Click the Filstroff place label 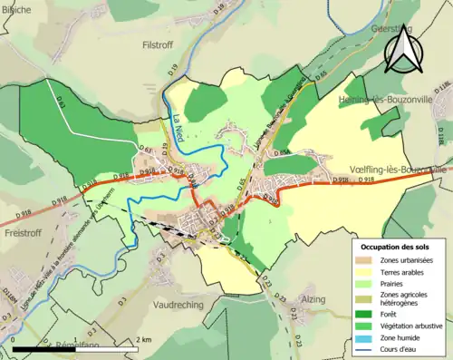(164, 42)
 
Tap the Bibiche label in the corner (17, 6)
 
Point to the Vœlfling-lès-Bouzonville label (397, 170)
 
